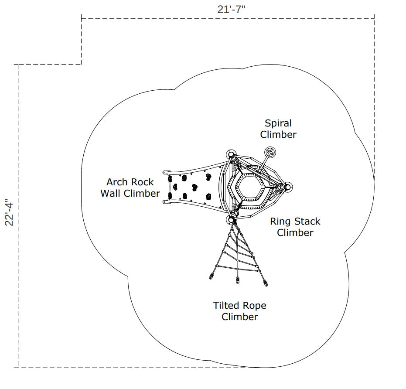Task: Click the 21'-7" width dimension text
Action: pos(231,9)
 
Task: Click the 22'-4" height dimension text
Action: pos(9,212)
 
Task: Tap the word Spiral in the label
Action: pos(278,123)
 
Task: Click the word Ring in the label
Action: pos(280,222)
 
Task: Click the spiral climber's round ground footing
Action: pos(270,153)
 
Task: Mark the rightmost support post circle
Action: pos(287,187)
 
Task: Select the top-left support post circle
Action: pos(231,155)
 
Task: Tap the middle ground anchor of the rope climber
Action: pos(237,280)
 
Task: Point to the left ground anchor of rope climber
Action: pos(212,276)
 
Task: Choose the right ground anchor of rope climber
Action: pos(266,283)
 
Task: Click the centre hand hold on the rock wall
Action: pos(194,187)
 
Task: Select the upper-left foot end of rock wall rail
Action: pos(165,173)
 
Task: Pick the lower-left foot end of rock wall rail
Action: pos(165,202)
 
